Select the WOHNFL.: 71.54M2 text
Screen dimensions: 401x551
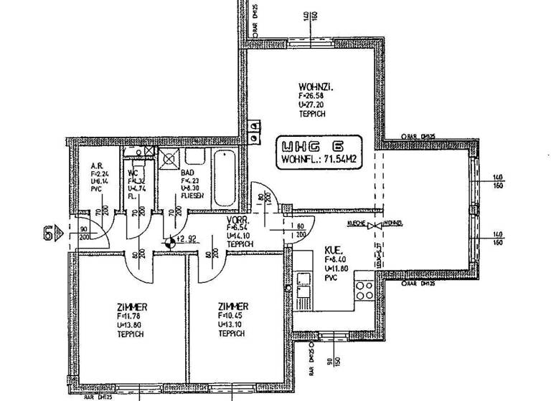click(x=319, y=159)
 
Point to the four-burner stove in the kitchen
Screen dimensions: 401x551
click(x=363, y=291)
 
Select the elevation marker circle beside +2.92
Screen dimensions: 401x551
click(x=169, y=242)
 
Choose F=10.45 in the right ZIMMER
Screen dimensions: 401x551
click(x=230, y=314)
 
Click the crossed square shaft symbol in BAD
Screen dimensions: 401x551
click(x=170, y=158)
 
